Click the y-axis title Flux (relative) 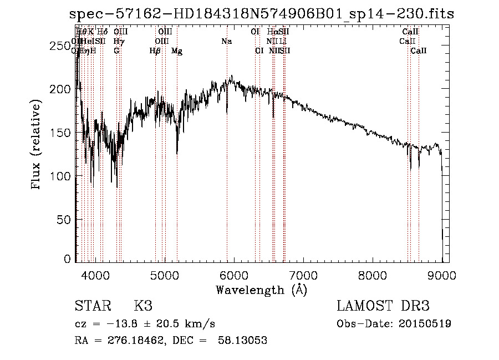pyautogui.click(x=37, y=145)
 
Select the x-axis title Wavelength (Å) pyautogui.click(x=261, y=290)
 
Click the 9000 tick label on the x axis pyautogui.click(x=442, y=275)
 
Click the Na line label pyautogui.click(x=226, y=42)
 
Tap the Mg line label pyautogui.click(x=177, y=51)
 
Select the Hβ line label pyautogui.click(x=155, y=51)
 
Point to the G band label pyautogui.click(x=116, y=51)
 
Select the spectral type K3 pyautogui.click(x=143, y=306)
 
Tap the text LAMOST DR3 pyautogui.click(x=383, y=306)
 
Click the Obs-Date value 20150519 pyautogui.click(x=426, y=323)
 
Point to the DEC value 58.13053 pyautogui.click(x=243, y=341)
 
